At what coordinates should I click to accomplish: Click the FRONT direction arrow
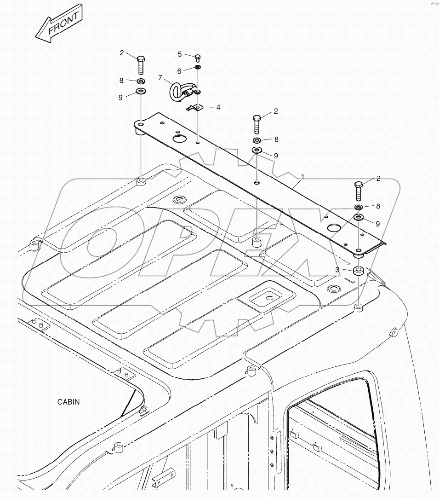(58, 24)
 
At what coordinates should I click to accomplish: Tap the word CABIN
(68, 402)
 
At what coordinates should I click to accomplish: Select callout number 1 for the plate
(302, 176)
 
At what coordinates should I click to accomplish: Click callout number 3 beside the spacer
(338, 269)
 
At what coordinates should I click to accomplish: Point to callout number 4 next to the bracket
(218, 107)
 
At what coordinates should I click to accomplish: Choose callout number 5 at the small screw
(180, 54)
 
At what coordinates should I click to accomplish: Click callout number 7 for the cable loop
(160, 78)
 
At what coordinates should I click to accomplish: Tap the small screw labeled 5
(198, 58)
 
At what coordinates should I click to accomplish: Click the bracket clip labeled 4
(197, 108)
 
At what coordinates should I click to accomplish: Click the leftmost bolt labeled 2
(141, 65)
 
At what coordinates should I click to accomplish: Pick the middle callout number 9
(276, 156)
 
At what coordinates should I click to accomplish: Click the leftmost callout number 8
(121, 80)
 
